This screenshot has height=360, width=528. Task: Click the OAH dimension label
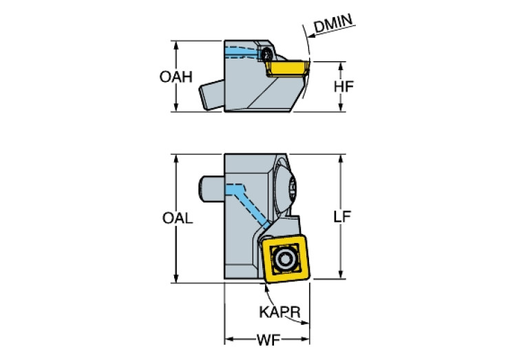coord(176,76)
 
